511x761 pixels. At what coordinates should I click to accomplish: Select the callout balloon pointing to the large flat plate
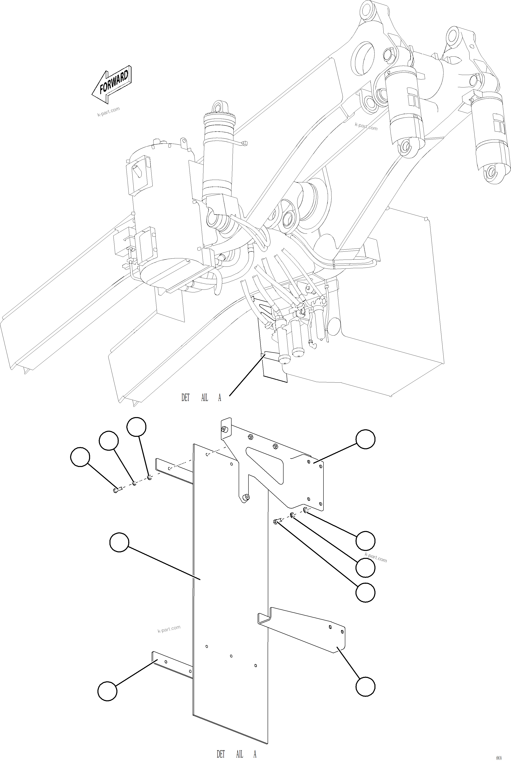[119, 542]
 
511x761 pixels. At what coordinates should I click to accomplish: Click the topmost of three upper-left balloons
[136, 427]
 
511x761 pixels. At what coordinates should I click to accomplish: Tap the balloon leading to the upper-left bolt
[80, 457]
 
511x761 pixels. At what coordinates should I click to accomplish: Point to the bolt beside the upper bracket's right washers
[276, 522]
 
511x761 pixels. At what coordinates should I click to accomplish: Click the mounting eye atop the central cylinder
[217, 107]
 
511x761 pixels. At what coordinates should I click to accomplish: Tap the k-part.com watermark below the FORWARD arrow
[108, 112]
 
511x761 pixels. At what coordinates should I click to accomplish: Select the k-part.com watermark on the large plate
[169, 629]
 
